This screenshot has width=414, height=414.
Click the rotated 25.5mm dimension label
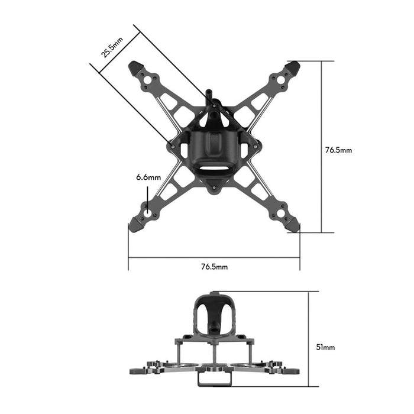pyautogui.click(x=112, y=47)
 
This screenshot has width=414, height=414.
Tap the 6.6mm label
pyautogui.click(x=148, y=177)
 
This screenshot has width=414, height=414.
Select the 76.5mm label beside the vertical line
pyautogui.click(x=338, y=150)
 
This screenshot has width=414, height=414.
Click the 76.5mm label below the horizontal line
pyautogui.click(x=214, y=267)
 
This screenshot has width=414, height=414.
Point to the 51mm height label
pyautogui.click(x=325, y=347)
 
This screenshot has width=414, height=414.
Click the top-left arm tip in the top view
pyautogui.click(x=135, y=66)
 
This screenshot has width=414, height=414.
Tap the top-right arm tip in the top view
pyautogui.click(x=293, y=66)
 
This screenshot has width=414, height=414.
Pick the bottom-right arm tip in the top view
pyautogui.click(x=292, y=225)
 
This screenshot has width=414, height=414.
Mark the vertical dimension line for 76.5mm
pyautogui.click(x=322, y=148)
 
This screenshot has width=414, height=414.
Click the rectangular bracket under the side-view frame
pyautogui.click(x=214, y=378)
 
